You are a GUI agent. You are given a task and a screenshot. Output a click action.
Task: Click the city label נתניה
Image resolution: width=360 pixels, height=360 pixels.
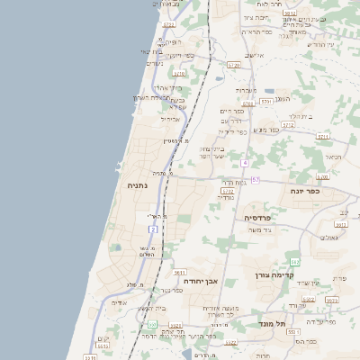[138, 186]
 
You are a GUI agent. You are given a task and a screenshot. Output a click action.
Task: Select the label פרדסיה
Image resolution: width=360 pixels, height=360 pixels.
[264, 218]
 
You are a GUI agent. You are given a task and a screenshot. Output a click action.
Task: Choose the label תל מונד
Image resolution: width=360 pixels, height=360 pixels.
[271, 323]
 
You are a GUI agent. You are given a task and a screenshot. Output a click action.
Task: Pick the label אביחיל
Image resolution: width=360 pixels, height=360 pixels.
[170, 119]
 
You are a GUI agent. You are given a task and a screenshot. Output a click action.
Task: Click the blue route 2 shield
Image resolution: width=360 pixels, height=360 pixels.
[154, 229]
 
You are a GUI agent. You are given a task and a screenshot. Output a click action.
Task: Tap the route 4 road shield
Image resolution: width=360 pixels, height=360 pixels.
[244, 163]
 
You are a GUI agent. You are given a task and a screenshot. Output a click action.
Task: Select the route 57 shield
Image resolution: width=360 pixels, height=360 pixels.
[256, 180]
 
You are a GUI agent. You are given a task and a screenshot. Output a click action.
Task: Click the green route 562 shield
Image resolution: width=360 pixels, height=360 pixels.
[294, 262]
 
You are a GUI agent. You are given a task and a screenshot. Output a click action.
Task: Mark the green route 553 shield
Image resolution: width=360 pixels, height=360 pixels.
[152, 324]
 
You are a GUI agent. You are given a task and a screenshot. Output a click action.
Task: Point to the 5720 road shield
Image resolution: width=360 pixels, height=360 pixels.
[234, 65]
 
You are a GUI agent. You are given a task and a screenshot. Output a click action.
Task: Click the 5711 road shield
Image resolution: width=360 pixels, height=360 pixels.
[323, 137]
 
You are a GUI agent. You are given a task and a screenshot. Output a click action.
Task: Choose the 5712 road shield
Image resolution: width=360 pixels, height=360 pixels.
[288, 126]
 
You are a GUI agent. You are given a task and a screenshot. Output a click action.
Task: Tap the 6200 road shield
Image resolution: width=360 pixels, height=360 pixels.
[322, 176]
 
